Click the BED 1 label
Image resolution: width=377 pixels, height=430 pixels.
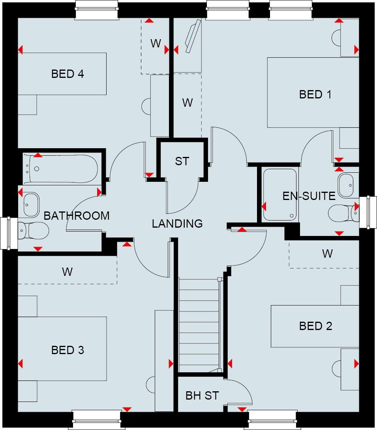pyautogui.click(x=315, y=94)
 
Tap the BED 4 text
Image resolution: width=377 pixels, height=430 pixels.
pyautogui.click(x=68, y=74)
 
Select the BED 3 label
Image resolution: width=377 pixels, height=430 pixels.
pyautogui.click(x=68, y=350)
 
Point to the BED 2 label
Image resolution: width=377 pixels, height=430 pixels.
pyautogui.click(x=315, y=326)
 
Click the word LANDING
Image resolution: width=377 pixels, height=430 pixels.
pyautogui.click(x=177, y=224)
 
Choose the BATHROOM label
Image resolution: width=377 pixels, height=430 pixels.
pyautogui.click(x=77, y=216)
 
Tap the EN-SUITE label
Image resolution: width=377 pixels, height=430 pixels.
pyautogui.click(x=309, y=196)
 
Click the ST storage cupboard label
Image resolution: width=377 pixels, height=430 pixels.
pyautogui.click(x=182, y=161)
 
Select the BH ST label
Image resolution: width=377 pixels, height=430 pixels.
pyautogui.click(x=202, y=396)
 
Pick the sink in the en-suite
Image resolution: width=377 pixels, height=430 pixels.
pyautogui.click(x=348, y=185)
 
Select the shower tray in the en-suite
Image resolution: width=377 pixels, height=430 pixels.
pyautogui.click(x=279, y=194)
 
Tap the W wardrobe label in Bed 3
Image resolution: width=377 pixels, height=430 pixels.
pyautogui.click(x=67, y=272)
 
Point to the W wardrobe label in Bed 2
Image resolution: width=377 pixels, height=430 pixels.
pyautogui.click(x=327, y=254)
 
